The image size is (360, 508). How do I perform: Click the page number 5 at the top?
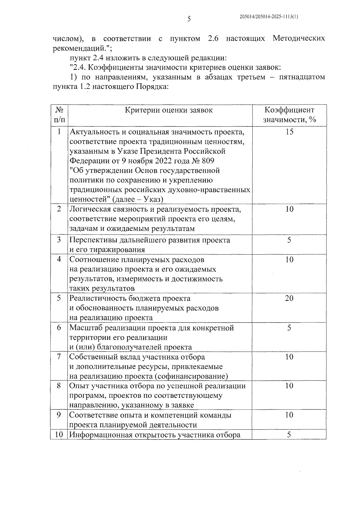(x=189, y=20)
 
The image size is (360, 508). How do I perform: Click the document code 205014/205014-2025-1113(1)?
(x=269, y=17)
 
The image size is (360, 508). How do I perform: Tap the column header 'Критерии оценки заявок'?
(x=169, y=110)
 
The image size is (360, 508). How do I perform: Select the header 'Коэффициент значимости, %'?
(x=289, y=115)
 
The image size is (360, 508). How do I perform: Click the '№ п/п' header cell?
(x=59, y=115)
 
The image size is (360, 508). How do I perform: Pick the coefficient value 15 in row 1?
(x=289, y=132)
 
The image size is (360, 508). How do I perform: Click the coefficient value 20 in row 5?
(x=289, y=298)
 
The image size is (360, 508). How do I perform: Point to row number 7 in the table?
(x=59, y=357)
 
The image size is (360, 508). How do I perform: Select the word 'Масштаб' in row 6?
(x=86, y=328)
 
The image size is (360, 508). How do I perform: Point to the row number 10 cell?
(x=59, y=435)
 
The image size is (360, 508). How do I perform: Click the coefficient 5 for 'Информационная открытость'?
(x=289, y=435)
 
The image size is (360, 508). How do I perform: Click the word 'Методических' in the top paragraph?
(x=299, y=39)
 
